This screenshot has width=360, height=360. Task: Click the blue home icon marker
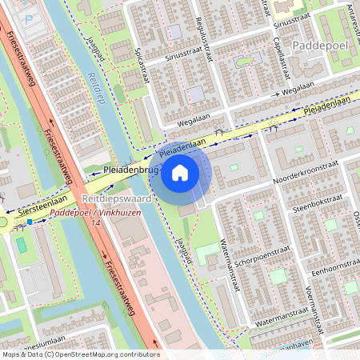180,172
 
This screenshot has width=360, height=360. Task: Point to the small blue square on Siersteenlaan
30,222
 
